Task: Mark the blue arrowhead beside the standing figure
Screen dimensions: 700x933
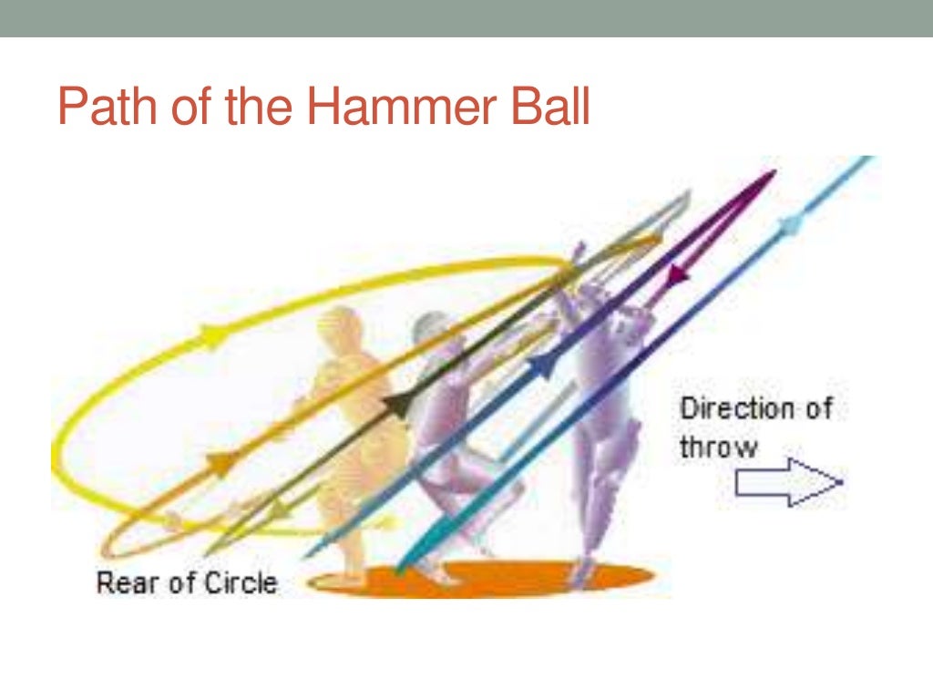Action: pos(541,366)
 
